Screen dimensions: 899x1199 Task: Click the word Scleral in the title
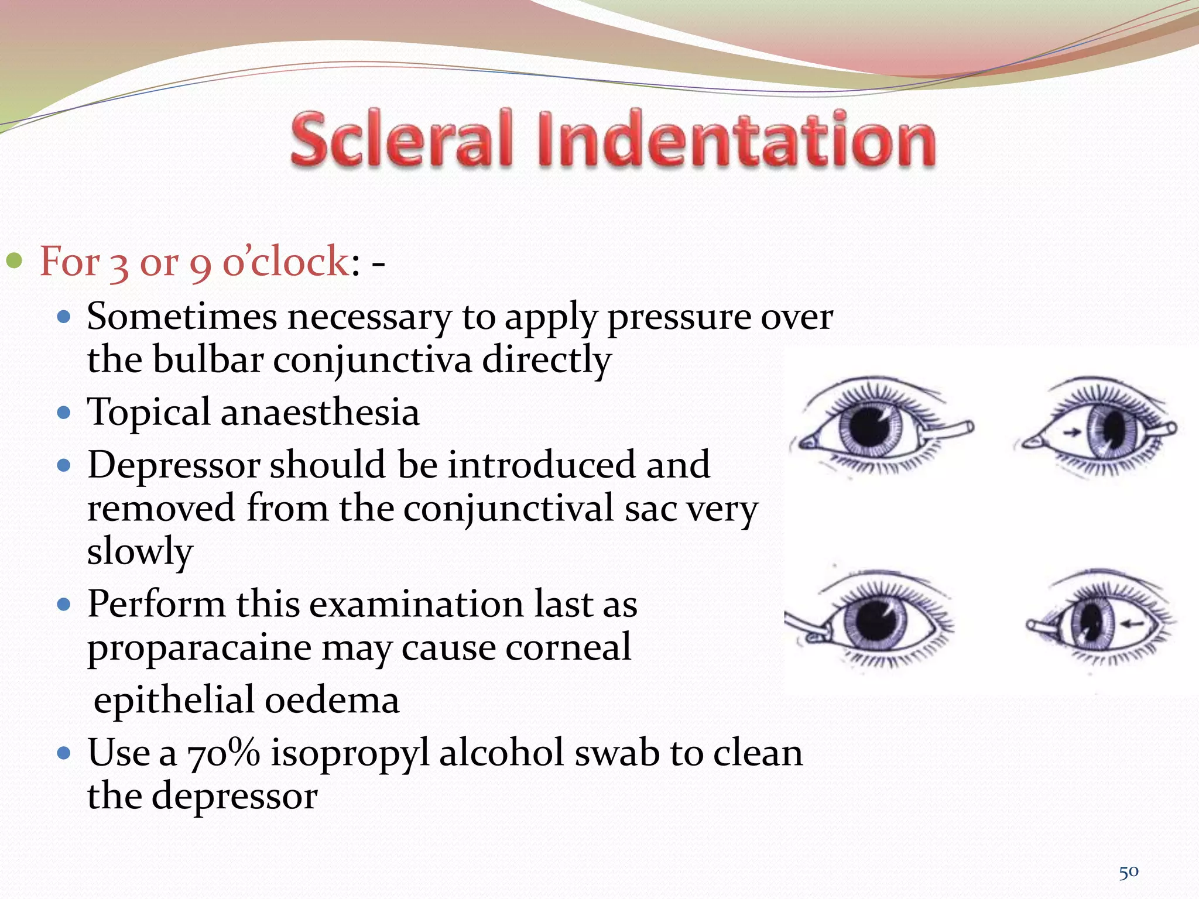pos(402,139)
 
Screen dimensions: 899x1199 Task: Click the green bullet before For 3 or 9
pos(14,260)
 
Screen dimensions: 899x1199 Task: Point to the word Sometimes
pos(181,317)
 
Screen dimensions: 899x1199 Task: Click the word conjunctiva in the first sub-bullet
pos(372,359)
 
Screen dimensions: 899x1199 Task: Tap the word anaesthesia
pos(320,412)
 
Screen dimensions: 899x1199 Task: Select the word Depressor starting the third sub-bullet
pos(173,465)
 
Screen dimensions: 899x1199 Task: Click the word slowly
pos(139,551)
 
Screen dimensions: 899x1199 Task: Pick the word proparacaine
pos(199,648)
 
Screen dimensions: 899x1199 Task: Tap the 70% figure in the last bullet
pos(223,753)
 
